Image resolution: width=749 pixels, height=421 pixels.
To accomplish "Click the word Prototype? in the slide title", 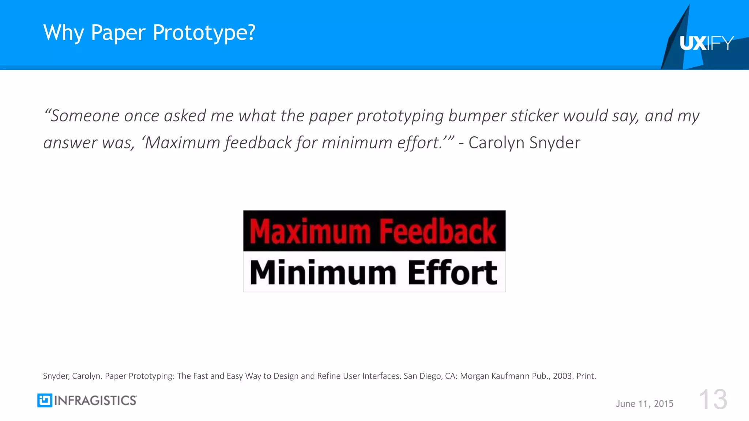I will coord(204,33).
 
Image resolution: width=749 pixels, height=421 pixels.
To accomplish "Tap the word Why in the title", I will coord(64,33).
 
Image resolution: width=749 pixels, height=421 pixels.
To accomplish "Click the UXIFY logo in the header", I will coord(706,43).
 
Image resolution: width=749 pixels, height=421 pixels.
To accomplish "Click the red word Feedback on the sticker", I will coord(438,231).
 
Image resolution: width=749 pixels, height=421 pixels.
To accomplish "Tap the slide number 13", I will coord(713,399).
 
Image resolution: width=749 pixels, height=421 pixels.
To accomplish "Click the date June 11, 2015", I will coord(644,404).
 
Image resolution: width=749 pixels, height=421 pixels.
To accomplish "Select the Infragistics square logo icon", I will coord(45,401).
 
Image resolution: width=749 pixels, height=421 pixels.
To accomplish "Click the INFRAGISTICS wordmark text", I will coord(95,401).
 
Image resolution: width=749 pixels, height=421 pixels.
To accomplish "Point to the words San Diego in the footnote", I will coord(422,376).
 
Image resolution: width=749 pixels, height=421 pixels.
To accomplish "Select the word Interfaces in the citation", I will coord(381,376).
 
